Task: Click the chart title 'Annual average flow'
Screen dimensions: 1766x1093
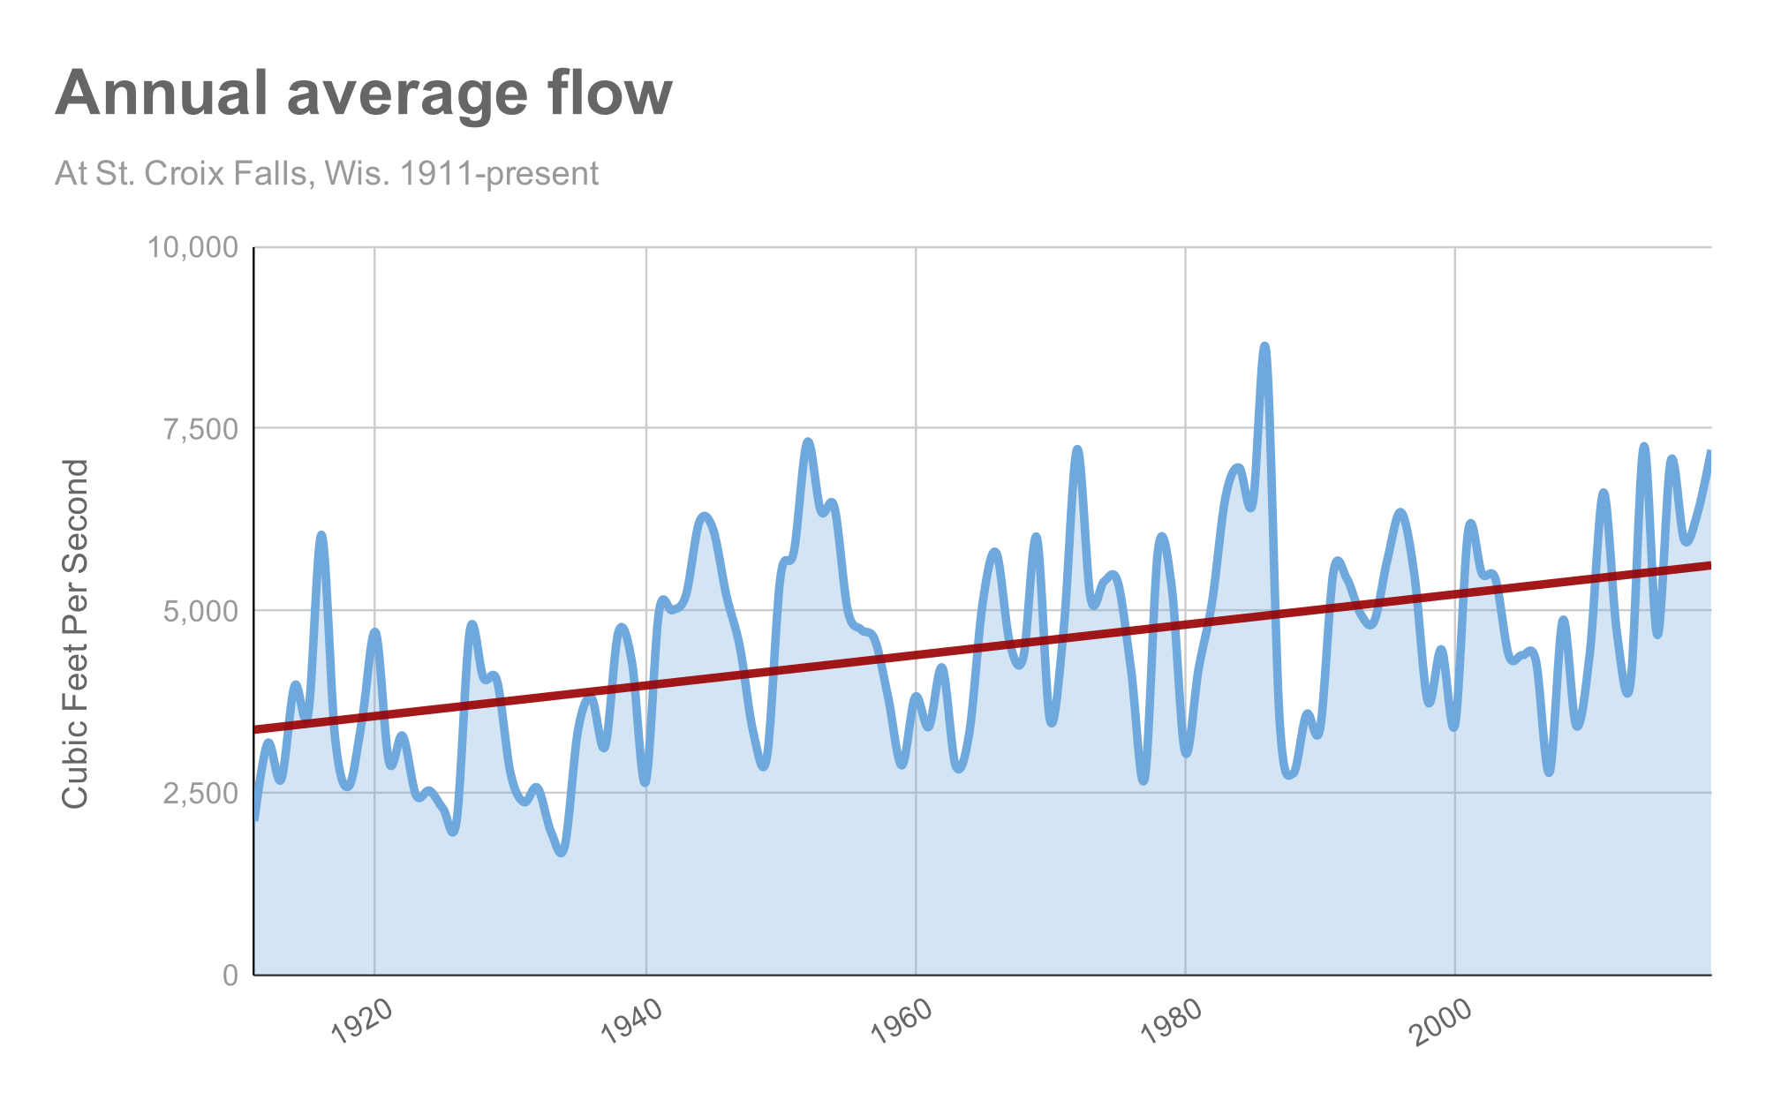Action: click(364, 94)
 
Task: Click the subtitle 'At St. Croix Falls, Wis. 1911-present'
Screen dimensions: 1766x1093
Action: click(327, 173)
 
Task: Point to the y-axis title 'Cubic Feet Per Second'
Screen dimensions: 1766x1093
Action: click(76, 633)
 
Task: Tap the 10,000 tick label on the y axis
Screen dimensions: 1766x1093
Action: click(192, 247)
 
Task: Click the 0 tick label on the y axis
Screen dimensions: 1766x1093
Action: click(231, 975)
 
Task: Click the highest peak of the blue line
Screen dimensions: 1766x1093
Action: click(1264, 346)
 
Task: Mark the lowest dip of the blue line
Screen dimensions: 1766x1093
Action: click(562, 852)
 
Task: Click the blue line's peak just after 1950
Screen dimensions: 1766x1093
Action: click(807, 441)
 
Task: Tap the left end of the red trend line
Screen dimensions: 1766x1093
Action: click(255, 729)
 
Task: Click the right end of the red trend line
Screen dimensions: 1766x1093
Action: click(1709, 565)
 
